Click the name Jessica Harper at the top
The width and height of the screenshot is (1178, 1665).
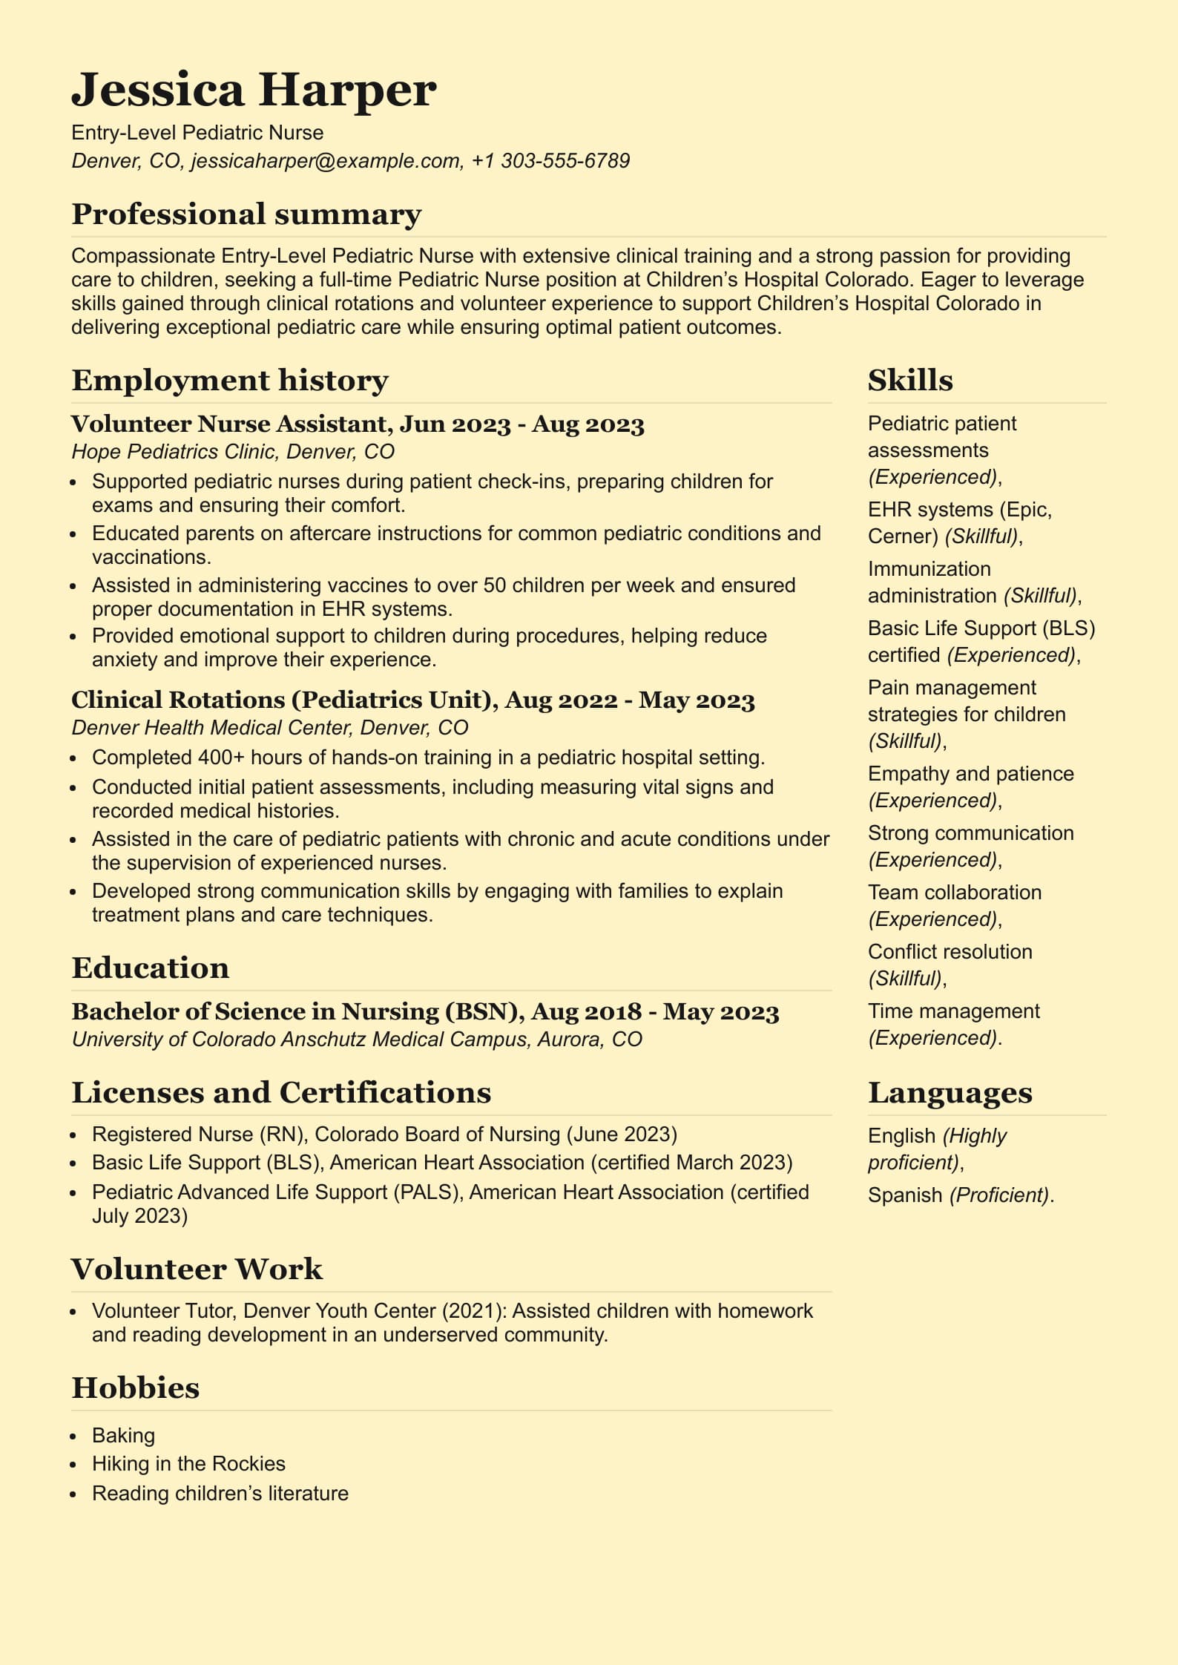coord(254,90)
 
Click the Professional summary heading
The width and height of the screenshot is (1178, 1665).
coord(246,214)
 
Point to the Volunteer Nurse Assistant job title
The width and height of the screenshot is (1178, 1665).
coord(228,424)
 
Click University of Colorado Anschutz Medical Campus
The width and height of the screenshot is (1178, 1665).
coord(300,1040)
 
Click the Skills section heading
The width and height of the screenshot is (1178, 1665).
coord(910,381)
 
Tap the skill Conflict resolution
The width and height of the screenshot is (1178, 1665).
coord(950,952)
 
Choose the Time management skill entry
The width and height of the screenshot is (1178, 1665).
coord(953,1011)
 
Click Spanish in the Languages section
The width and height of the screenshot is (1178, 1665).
coord(904,1195)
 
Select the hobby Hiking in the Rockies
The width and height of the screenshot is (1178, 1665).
coord(188,1464)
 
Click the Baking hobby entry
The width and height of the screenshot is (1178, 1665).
coord(123,1436)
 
